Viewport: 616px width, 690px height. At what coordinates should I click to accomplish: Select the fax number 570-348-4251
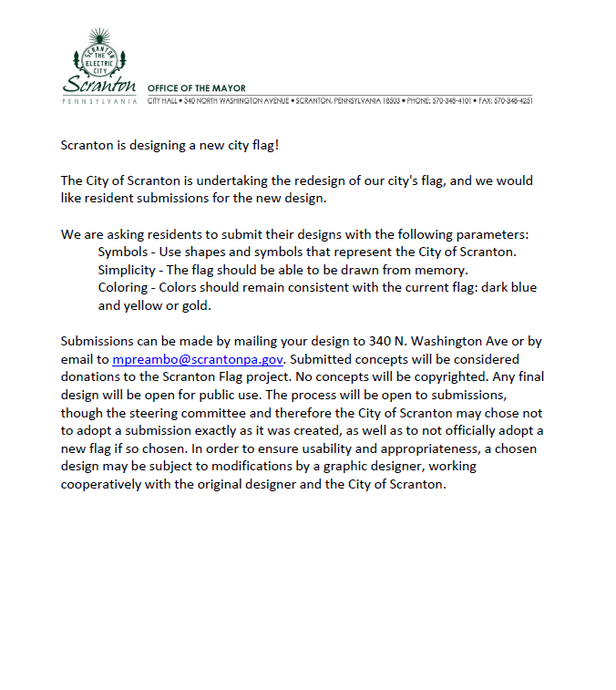coord(514,99)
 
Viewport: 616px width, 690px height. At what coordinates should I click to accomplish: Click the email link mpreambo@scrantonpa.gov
coord(199,360)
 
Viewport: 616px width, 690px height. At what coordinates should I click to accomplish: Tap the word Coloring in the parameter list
coord(122,287)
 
